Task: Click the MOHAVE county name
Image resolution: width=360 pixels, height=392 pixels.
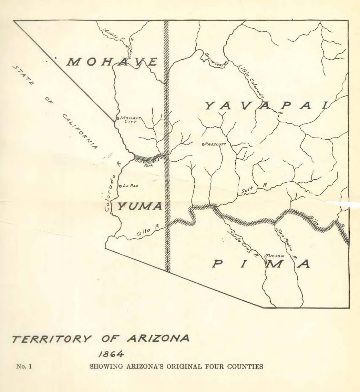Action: (x=112, y=62)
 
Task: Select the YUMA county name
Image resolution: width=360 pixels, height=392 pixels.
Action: (x=140, y=207)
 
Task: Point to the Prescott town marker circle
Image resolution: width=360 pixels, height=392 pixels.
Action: (x=203, y=144)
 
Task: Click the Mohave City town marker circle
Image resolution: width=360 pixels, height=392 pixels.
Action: (x=117, y=118)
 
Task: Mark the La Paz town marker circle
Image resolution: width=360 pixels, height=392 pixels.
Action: (x=120, y=186)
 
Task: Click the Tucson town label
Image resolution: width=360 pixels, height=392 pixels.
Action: (x=275, y=256)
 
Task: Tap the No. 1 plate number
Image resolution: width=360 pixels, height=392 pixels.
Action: (x=24, y=366)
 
